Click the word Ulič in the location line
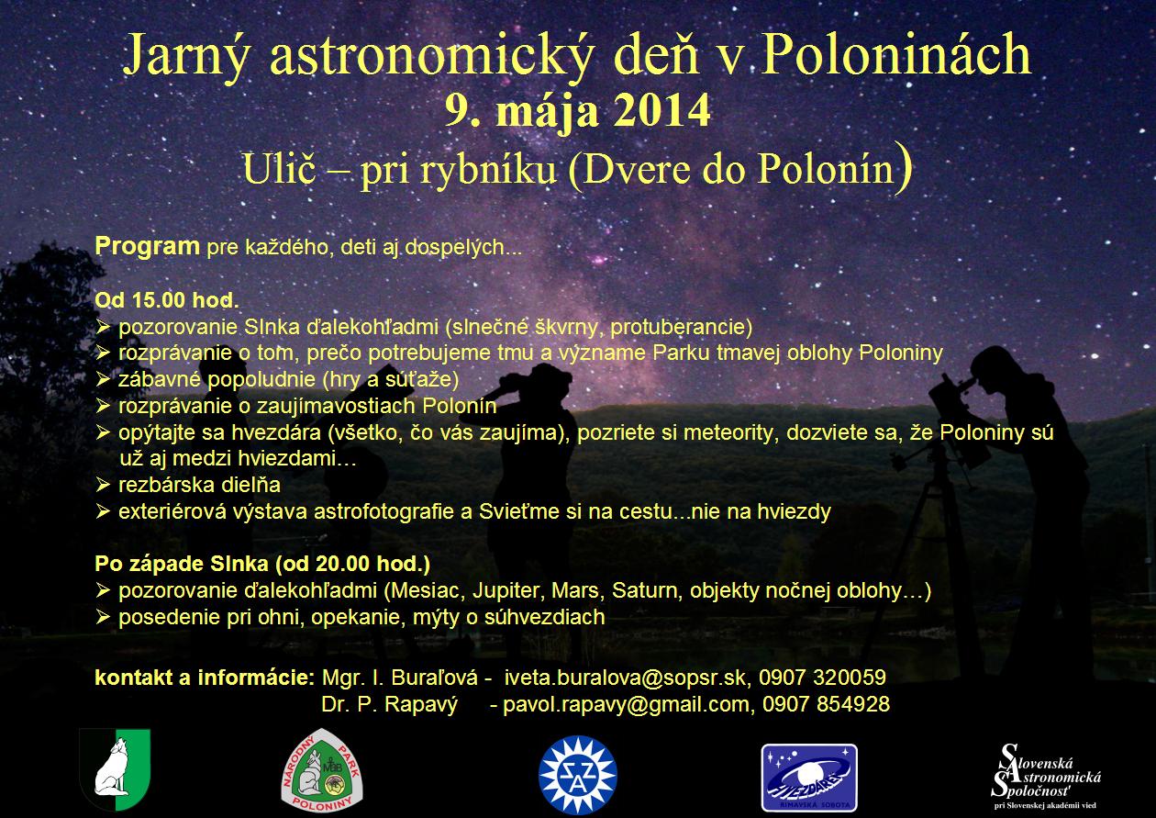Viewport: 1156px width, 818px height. tap(279, 168)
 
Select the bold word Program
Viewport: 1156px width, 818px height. tap(147, 246)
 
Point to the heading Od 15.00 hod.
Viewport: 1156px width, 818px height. tap(167, 300)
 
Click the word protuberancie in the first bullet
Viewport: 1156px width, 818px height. tap(682, 327)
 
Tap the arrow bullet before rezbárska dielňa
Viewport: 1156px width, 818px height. tap(103, 485)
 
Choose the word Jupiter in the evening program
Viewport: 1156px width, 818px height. tap(506, 590)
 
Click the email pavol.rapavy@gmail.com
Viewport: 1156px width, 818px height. tap(627, 704)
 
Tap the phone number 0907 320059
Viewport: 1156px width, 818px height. tap(822, 677)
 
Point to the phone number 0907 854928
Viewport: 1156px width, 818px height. tap(827, 704)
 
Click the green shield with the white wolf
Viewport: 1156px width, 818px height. tap(115, 769)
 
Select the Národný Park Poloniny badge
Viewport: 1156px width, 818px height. tap(321, 770)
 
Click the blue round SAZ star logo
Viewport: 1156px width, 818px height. tap(577, 775)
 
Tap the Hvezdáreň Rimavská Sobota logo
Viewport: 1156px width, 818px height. tap(809, 778)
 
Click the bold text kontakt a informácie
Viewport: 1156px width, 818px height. tap(205, 678)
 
